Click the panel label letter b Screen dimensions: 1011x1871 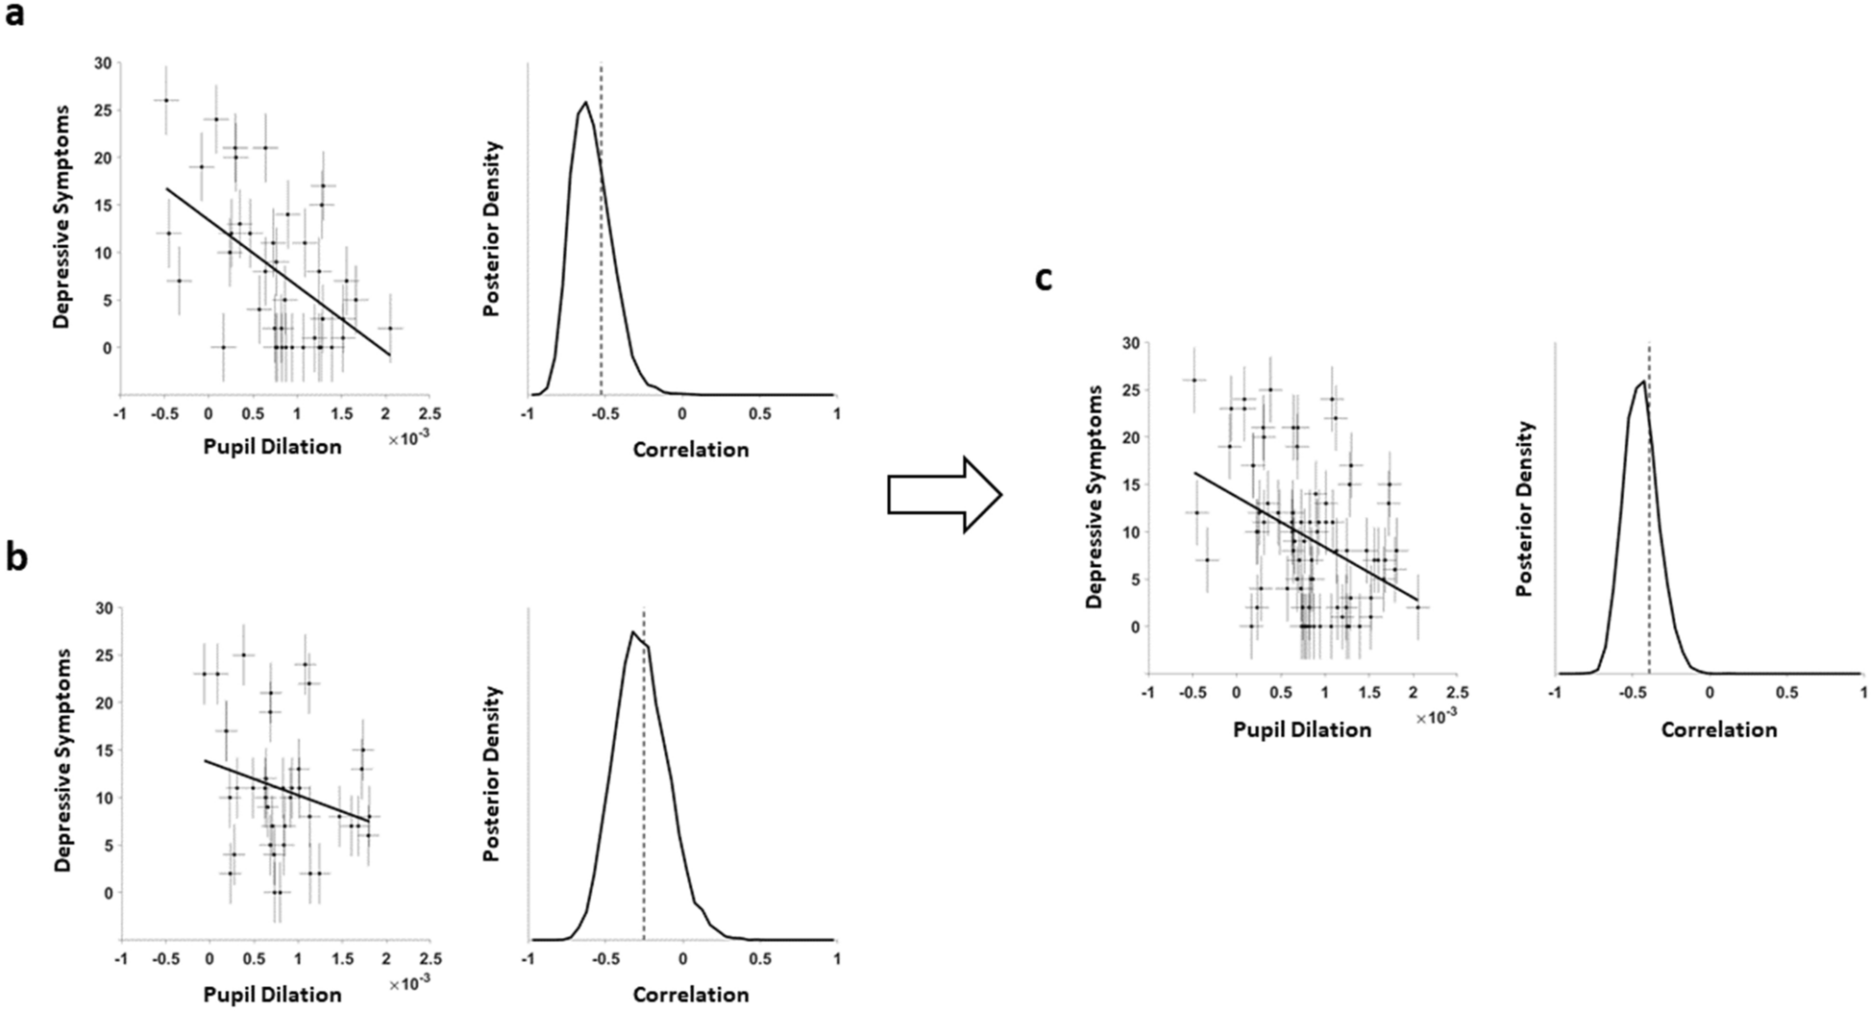[15, 559]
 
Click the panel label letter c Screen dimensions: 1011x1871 [1044, 279]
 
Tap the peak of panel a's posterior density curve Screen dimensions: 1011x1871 [585, 102]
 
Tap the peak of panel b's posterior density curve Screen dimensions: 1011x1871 [632, 631]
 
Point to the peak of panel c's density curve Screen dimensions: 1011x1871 [1643, 382]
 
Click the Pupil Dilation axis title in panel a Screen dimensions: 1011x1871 [272, 447]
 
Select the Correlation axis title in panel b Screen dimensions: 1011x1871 [690, 995]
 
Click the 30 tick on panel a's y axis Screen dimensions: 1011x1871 [102, 63]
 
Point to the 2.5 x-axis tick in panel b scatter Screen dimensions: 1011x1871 [430, 958]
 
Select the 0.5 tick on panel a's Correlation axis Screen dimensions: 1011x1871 [759, 413]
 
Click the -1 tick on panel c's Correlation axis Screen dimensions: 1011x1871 [1553, 692]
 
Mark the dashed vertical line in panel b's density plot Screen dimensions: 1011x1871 [644, 788]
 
